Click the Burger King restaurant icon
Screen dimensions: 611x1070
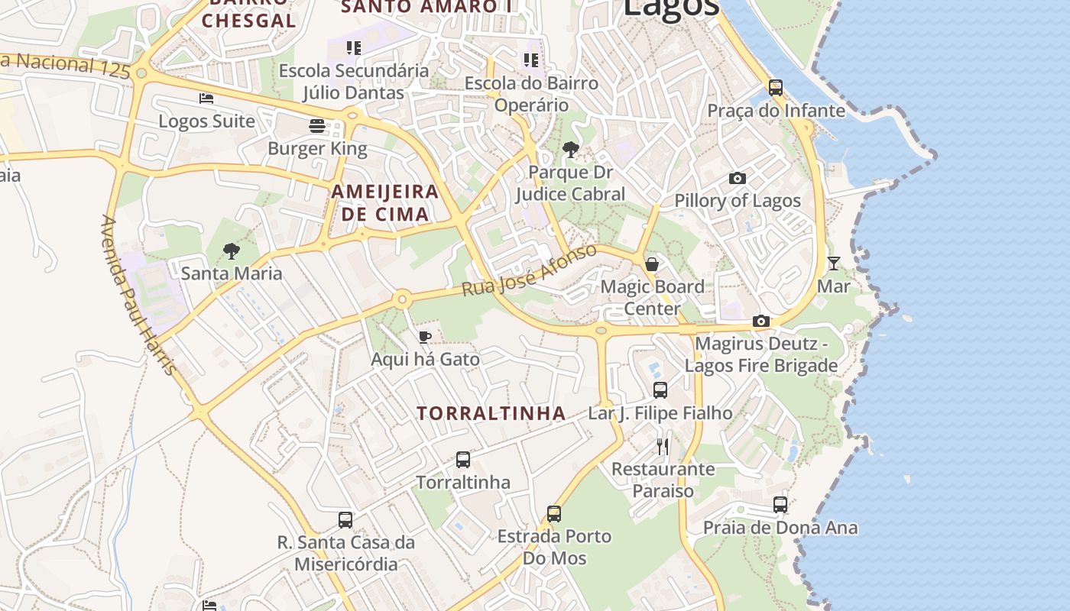(317, 126)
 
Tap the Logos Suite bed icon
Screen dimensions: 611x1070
(206, 99)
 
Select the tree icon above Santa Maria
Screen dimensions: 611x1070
(231, 251)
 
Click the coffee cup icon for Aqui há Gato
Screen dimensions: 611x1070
(425, 337)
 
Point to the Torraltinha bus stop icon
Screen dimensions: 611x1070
(463, 460)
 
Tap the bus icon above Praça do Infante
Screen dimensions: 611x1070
(776, 88)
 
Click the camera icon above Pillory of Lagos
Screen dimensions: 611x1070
(738, 179)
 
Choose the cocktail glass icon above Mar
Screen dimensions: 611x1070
(834, 263)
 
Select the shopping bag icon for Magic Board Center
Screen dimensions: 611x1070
(652, 264)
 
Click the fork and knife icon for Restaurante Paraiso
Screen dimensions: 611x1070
(663, 446)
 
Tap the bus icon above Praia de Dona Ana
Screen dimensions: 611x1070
(780, 505)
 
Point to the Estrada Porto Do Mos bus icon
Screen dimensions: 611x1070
(554, 514)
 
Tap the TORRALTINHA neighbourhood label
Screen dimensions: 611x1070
(491, 414)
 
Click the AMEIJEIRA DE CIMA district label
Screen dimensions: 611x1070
(385, 203)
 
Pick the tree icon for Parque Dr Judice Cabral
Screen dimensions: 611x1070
(570, 150)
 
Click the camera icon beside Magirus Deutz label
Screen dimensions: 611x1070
(761, 322)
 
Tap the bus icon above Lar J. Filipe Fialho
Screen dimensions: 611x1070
(660, 390)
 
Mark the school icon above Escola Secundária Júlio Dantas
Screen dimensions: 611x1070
(354, 48)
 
